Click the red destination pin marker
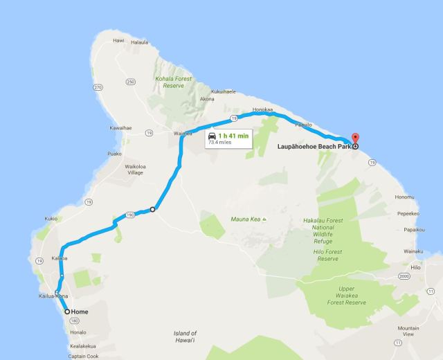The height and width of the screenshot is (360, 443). click(356, 138)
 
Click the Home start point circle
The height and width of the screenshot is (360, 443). click(67, 312)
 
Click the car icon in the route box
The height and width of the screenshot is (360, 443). click(212, 136)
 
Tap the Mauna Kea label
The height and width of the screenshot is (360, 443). click(245, 219)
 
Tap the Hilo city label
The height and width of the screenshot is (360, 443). click(415, 267)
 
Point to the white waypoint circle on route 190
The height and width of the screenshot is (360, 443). click(152, 209)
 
